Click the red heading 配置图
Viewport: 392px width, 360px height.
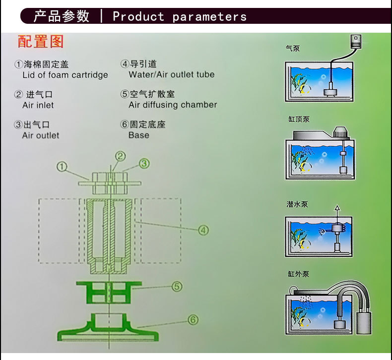click(x=41, y=41)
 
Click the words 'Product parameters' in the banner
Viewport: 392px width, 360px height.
click(x=179, y=16)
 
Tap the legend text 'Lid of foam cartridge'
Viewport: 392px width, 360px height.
click(x=65, y=75)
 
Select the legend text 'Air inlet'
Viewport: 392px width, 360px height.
click(x=38, y=105)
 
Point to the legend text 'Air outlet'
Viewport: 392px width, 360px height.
click(x=41, y=135)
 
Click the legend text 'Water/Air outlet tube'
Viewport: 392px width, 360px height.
click(x=171, y=75)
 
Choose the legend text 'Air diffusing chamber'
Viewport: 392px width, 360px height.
click(x=173, y=105)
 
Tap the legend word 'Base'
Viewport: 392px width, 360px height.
click(x=138, y=135)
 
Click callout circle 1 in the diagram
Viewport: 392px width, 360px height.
click(x=62, y=167)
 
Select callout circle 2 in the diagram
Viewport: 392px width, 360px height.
click(x=120, y=156)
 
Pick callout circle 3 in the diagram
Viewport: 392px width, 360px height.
click(x=144, y=163)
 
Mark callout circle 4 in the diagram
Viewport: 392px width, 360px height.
click(x=203, y=230)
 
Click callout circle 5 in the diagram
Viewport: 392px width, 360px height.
click(x=177, y=286)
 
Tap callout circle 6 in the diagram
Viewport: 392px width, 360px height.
click(x=193, y=320)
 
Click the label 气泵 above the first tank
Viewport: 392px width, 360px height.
click(x=293, y=48)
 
